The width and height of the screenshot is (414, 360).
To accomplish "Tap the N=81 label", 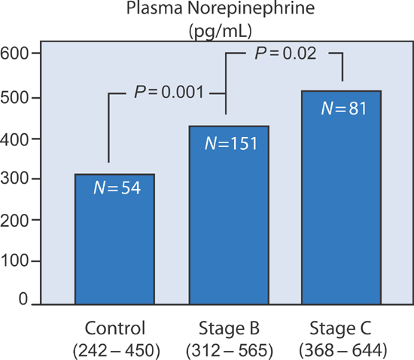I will click(x=342, y=108).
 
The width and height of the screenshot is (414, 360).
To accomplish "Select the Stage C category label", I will click(x=342, y=328).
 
